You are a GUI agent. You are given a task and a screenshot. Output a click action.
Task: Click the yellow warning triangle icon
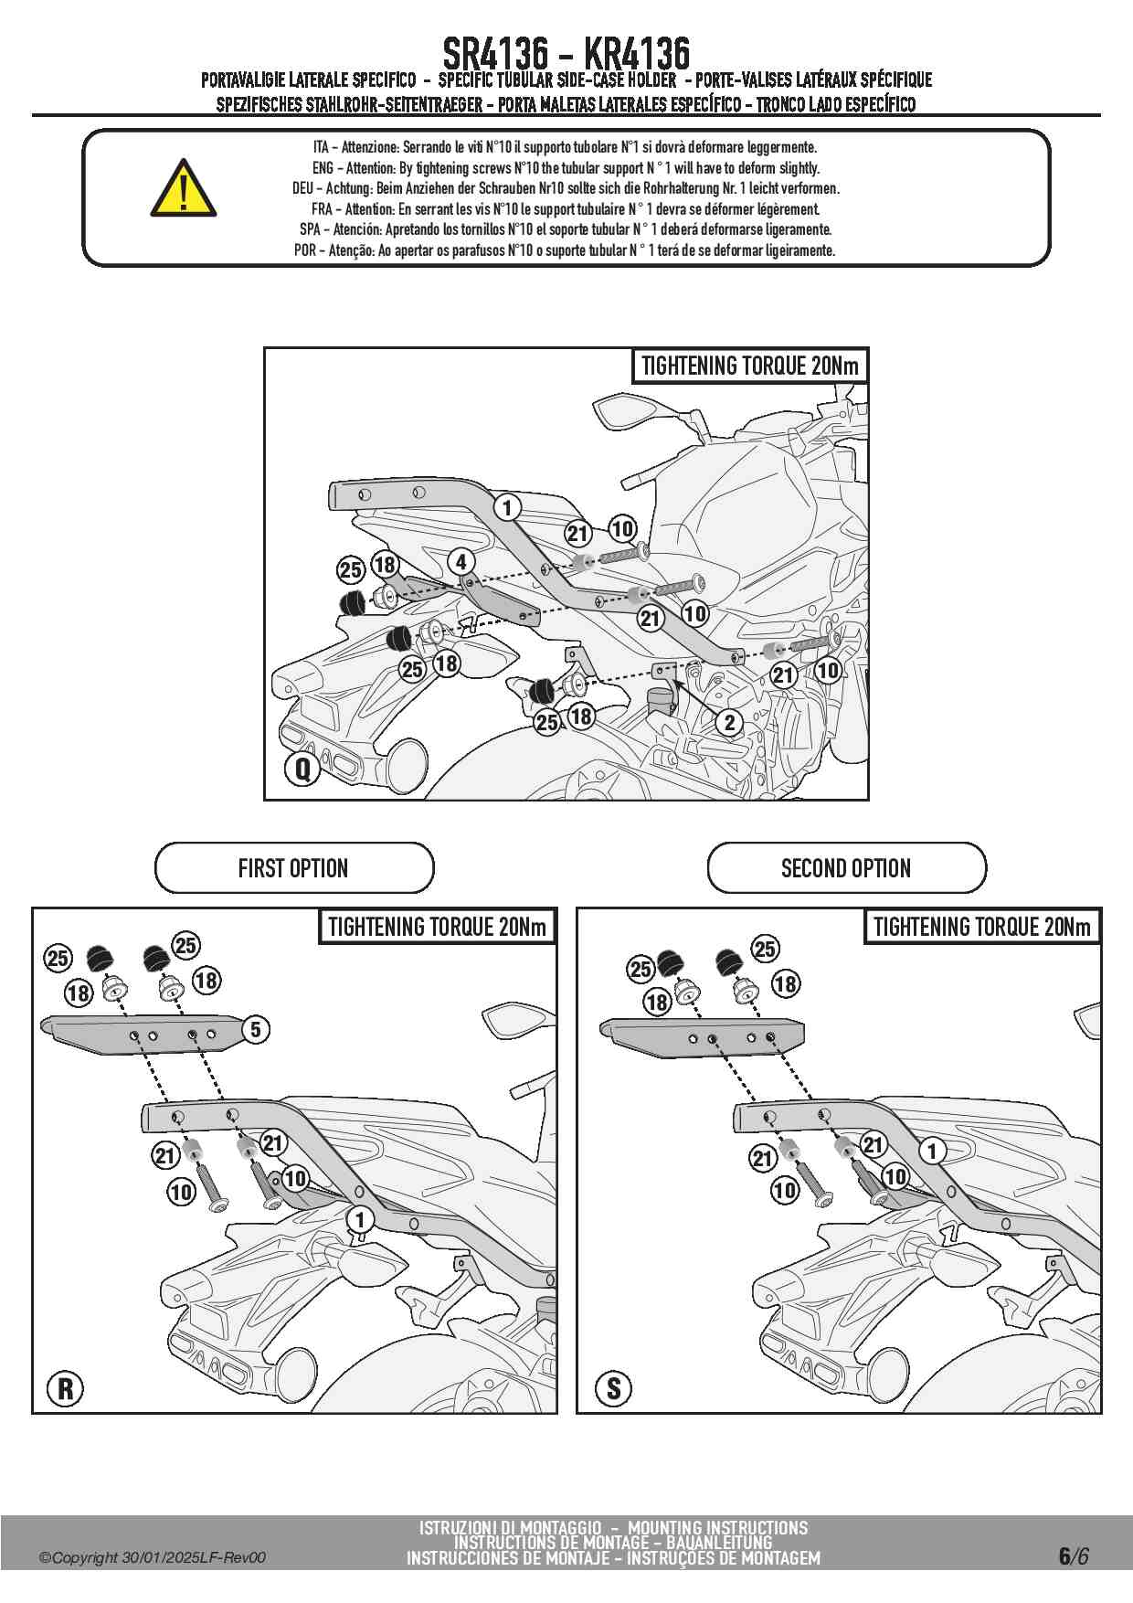tap(184, 190)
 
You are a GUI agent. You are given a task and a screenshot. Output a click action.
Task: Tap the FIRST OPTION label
tap(293, 867)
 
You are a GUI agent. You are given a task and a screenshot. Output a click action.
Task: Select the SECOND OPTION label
tap(846, 867)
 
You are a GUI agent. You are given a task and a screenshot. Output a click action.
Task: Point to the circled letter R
tap(66, 1388)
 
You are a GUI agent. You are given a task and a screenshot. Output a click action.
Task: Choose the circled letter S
tap(613, 1388)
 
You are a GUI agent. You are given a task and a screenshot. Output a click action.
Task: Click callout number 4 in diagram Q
tap(461, 562)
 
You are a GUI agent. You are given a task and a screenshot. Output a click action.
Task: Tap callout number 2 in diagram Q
tap(728, 723)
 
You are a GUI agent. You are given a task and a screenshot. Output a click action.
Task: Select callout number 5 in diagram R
tap(256, 1029)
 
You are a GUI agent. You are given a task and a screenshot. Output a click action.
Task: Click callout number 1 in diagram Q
tap(507, 506)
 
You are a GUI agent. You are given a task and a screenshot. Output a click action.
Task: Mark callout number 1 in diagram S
tap(932, 1150)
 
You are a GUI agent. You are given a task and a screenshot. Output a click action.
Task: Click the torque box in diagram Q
tap(749, 366)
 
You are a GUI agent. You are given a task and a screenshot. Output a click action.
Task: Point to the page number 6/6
tap(1074, 1555)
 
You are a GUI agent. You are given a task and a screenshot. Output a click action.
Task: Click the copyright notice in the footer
tap(153, 1557)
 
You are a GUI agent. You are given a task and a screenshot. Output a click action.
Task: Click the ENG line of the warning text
tap(566, 168)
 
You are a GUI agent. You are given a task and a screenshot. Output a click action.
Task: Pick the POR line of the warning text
tap(564, 250)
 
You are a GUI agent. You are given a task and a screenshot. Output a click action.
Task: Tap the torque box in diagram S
tap(982, 928)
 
